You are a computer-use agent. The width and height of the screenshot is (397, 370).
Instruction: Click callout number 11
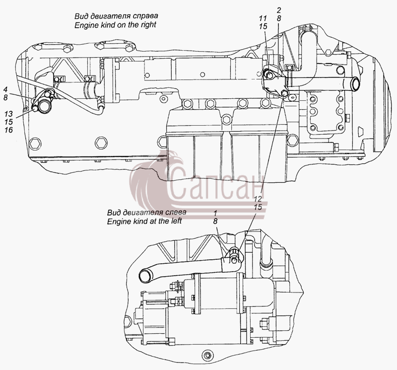(x=263, y=18)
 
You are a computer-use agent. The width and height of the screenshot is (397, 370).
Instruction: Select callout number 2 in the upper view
(x=279, y=10)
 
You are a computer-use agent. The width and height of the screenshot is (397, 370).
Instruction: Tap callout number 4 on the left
(x=5, y=89)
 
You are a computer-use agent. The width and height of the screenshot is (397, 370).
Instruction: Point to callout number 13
(x=8, y=114)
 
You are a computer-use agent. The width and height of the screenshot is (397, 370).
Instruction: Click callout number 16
(x=8, y=130)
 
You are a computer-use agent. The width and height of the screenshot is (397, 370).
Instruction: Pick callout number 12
(x=258, y=199)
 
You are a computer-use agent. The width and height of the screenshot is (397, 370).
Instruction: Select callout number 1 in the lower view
(x=215, y=213)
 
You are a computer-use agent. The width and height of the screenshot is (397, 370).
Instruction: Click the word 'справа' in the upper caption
(x=145, y=16)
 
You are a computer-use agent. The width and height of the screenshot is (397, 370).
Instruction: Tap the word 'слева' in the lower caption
(x=175, y=212)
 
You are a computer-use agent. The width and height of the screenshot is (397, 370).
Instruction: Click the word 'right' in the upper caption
(x=148, y=25)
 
